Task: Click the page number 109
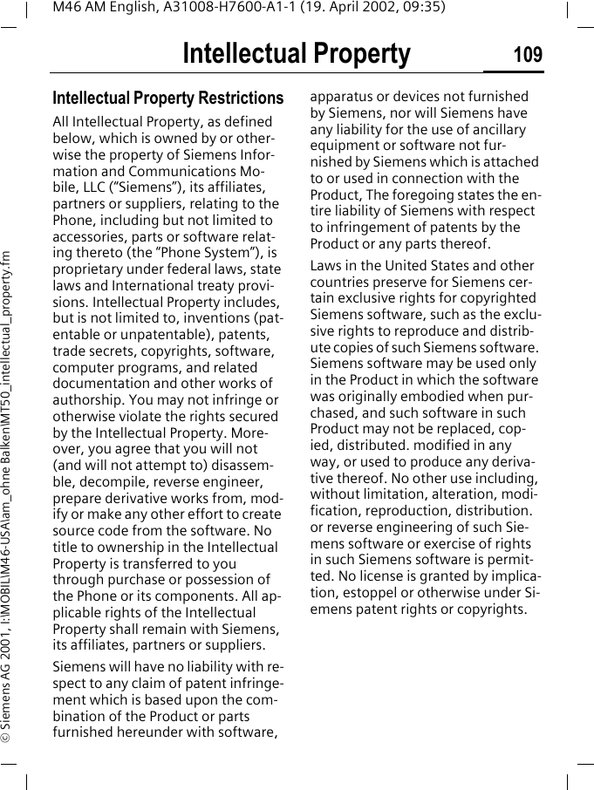tap(527, 55)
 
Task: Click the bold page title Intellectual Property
tap(296, 54)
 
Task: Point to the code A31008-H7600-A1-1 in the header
tap(221, 8)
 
